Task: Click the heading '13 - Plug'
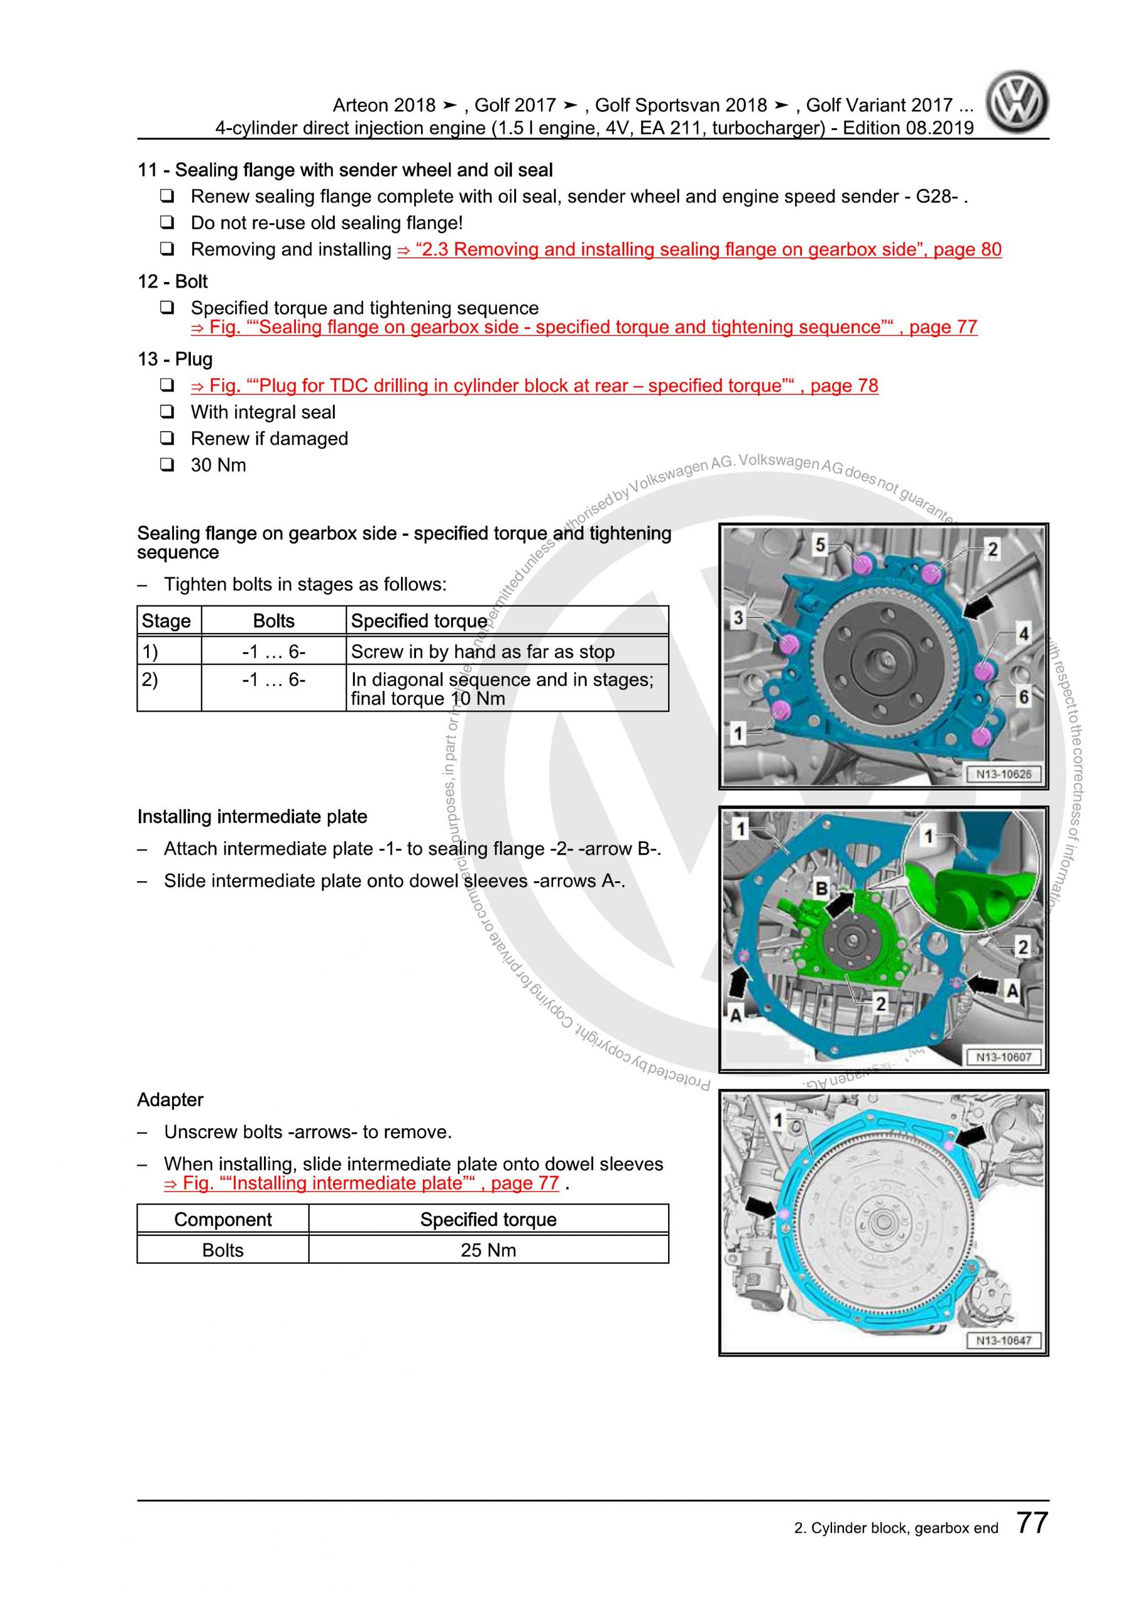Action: pyautogui.click(x=175, y=359)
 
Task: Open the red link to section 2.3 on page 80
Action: pyautogui.click(x=699, y=250)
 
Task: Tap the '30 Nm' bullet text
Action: pyautogui.click(x=218, y=465)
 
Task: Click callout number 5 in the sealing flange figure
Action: pyautogui.click(x=820, y=545)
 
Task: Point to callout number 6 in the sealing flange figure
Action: pyautogui.click(x=1024, y=696)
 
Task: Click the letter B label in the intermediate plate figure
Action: pyautogui.click(x=822, y=888)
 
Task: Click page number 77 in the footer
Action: pyautogui.click(x=1032, y=1522)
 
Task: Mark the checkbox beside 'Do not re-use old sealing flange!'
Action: pyautogui.click(x=167, y=223)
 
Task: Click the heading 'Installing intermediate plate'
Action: pyautogui.click(x=252, y=817)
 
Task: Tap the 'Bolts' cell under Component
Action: pyautogui.click(x=223, y=1250)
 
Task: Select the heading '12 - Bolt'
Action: pyautogui.click(x=172, y=281)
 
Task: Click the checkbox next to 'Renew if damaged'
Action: pyautogui.click(x=167, y=438)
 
